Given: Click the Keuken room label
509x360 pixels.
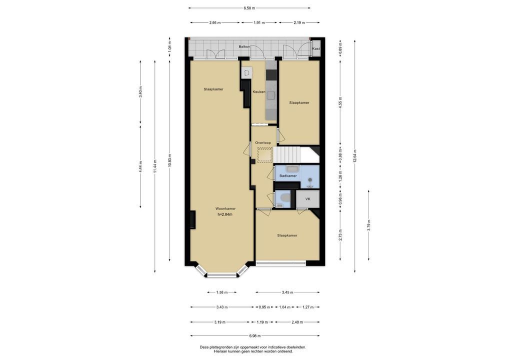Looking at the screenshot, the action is (258, 92).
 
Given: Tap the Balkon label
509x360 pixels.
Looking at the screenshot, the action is (244, 46).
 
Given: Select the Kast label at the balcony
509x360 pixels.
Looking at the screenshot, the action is (316, 48).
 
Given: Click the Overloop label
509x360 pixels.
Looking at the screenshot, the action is (262, 143).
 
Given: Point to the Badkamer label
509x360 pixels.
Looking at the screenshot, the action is (288, 176).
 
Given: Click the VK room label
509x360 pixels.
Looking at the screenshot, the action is (307, 199).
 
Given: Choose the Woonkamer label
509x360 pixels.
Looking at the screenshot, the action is (225, 208).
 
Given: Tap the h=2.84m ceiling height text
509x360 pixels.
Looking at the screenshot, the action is (224, 214).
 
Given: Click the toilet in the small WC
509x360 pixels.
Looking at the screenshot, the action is (285, 197).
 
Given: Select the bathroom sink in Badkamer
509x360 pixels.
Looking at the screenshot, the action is (293, 169).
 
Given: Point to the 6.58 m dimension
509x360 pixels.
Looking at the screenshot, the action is (249, 8).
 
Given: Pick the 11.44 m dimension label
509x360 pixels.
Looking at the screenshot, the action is (155, 166).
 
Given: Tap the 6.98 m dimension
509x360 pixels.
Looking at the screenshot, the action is (255, 336).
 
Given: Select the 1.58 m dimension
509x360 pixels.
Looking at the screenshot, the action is (221, 292).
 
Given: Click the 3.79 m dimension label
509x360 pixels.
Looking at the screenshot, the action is (369, 225).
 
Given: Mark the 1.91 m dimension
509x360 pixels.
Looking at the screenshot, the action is (258, 22).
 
